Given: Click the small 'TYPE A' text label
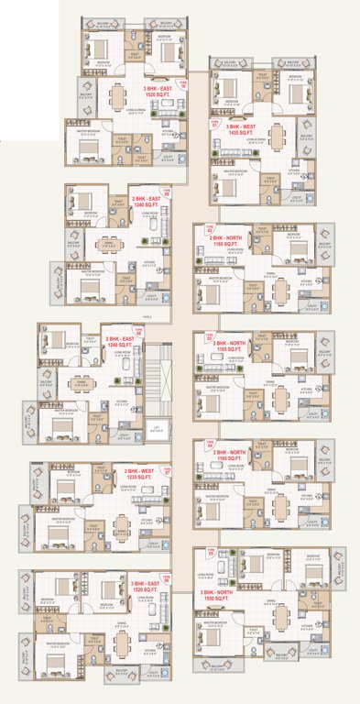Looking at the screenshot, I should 147,314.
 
